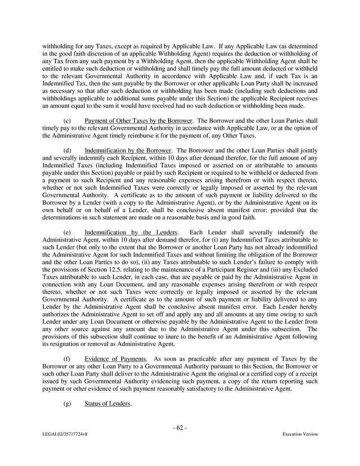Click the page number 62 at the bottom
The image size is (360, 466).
click(180, 428)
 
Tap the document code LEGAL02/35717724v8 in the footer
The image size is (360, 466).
click(63, 434)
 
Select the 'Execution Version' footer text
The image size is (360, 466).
click(300, 434)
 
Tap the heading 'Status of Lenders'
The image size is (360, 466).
click(108, 403)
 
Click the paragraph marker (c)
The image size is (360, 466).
click(67, 120)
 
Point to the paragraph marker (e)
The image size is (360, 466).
click(67, 232)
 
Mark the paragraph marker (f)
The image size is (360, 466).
click(67, 359)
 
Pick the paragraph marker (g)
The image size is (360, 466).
click(67, 403)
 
